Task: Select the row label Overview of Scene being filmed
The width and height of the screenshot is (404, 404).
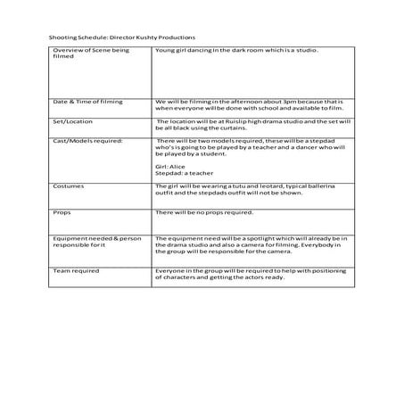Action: pyautogui.click(x=90, y=54)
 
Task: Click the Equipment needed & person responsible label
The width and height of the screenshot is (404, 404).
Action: pyautogui.click(x=96, y=243)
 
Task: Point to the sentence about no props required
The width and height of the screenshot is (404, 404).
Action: pyautogui.click(x=203, y=212)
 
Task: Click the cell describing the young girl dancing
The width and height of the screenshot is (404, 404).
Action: pyautogui.click(x=236, y=51)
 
